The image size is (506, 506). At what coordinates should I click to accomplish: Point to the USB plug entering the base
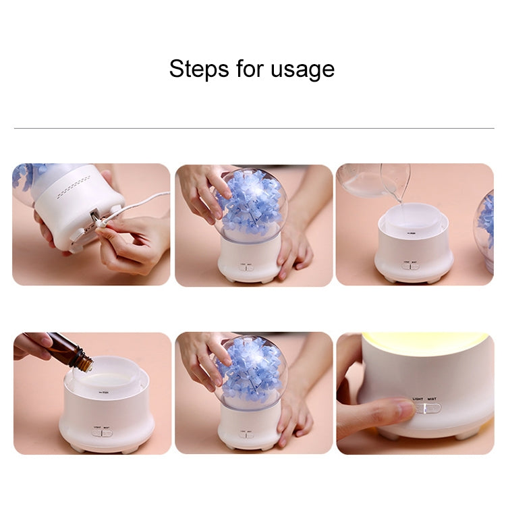pos(96,219)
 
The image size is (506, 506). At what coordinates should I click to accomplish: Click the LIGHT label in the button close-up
pos(418,398)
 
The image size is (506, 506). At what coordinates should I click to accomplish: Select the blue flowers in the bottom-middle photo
pos(251,368)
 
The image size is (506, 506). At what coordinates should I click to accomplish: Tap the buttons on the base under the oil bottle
pos(102,432)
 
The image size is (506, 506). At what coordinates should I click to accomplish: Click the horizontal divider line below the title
pos(253,128)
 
